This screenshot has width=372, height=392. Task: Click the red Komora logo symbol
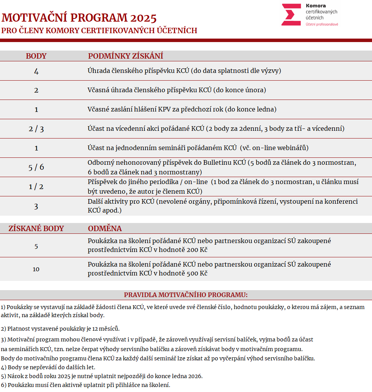pos(291,15)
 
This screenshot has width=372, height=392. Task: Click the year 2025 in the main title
pos(143,18)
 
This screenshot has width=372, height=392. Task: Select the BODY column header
pos(36,56)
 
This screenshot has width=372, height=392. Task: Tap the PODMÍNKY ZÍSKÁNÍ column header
pos(126,56)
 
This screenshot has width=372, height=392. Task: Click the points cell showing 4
pos(36,71)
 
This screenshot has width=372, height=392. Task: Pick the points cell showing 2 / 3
pos(36,129)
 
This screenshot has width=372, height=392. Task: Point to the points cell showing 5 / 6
pos(36,167)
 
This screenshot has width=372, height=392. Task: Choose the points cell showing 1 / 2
pos(36,187)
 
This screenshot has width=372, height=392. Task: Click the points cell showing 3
pos(36,206)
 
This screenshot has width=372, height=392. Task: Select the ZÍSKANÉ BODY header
pos(36,228)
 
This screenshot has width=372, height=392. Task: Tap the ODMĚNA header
pos(105,228)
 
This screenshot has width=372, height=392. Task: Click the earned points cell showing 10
pos(36,269)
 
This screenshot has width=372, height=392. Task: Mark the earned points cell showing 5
pos(36,246)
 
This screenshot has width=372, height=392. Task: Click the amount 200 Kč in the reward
pos(197,250)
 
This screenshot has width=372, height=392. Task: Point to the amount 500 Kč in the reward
pos(197,274)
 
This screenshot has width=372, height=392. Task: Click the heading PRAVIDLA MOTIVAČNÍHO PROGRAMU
pos(185,295)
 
